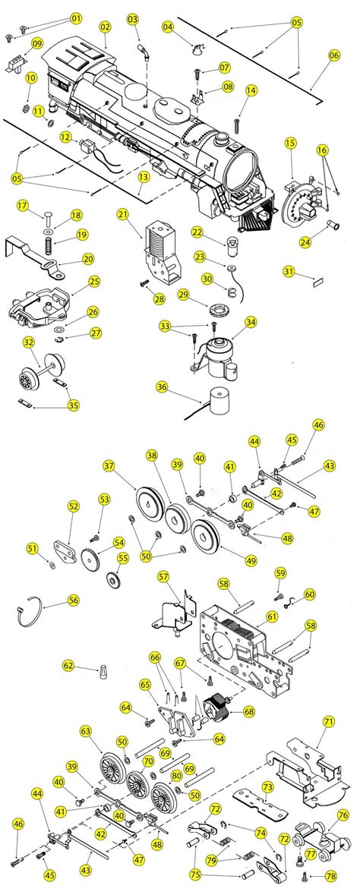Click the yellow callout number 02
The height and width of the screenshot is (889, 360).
click(106, 27)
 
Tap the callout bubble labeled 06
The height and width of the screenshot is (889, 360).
click(334, 55)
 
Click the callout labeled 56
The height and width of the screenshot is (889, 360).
click(74, 599)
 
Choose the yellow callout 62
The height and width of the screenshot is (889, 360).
click(68, 666)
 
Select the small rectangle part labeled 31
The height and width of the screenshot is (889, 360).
click(318, 280)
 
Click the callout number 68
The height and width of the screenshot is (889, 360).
click(247, 711)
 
